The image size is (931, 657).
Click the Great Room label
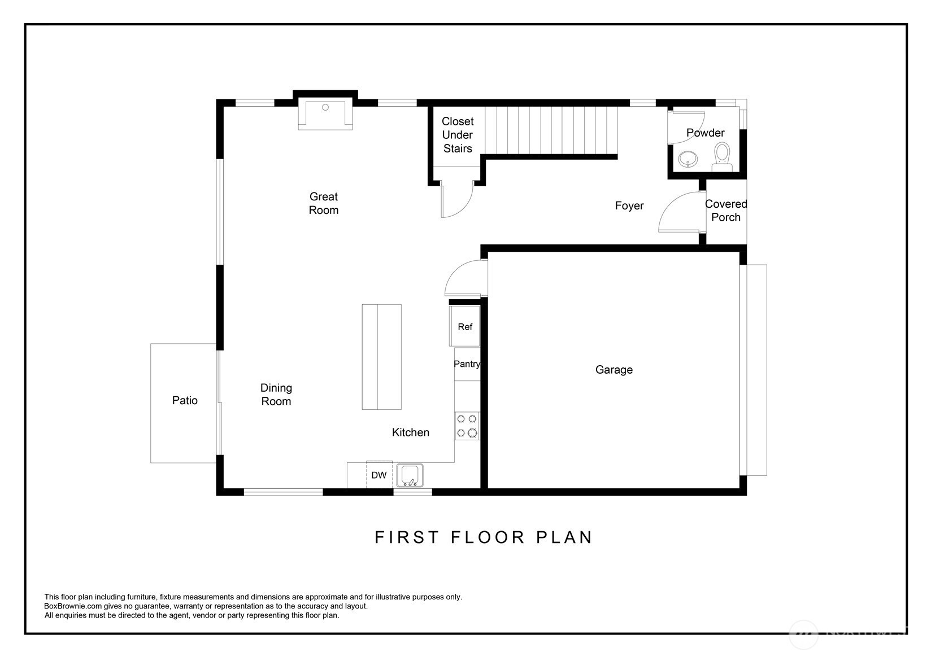click(x=323, y=203)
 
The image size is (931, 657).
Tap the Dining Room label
click(x=276, y=395)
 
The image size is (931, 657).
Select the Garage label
click(x=614, y=370)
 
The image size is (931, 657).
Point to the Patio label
click(x=185, y=400)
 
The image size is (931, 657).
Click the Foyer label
click(x=629, y=205)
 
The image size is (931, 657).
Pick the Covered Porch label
click(x=726, y=211)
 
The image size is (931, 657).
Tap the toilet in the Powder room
click(x=723, y=157)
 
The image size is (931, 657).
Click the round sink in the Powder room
click(x=688, y=159)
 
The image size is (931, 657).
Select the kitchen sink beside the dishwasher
click(x=410, y=475)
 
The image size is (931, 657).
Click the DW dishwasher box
click(x=379, y=475)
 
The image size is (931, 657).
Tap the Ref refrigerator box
click(x=465, y=326)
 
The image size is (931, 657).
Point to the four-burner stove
click(x=467, y=426)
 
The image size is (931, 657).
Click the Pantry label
click(x=467, y=364)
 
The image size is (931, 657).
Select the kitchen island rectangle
click(x=381, y=357)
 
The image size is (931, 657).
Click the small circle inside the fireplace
click(x=325, y=107)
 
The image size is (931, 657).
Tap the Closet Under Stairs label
click(x=458, y=135)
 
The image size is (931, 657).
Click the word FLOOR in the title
click(x=488, y=537)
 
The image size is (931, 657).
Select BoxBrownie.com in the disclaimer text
click(x=73, y=606)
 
